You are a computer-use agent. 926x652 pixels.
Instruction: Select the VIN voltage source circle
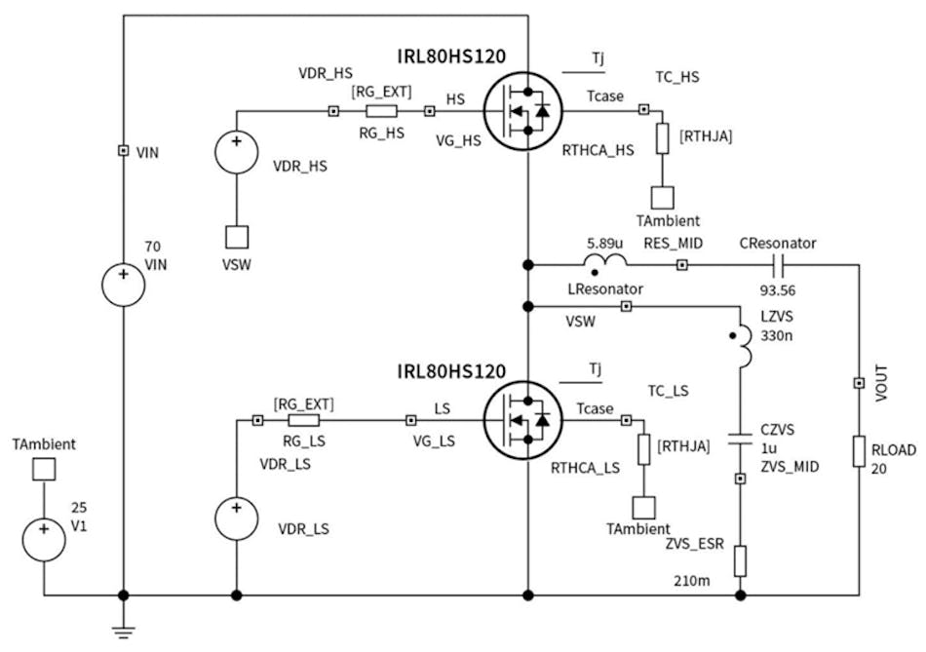click(x=124, y=284)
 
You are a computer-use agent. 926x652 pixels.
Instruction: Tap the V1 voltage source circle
click(x=44, y=539)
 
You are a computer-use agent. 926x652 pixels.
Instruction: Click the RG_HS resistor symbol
click(x=381, y=111)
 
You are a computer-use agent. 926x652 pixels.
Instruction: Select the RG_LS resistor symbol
click(x=303, y=421)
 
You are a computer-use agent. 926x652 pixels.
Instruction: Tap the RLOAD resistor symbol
click(x=859, y=451)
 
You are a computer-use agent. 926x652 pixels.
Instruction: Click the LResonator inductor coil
click(x=604, y=262)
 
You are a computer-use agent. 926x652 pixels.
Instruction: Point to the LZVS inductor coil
click(x=743, y=348)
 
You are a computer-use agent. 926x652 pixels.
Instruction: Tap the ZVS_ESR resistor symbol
click(x=741, y=560)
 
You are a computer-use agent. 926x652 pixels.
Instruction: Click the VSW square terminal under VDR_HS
click(x=237, y=237)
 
